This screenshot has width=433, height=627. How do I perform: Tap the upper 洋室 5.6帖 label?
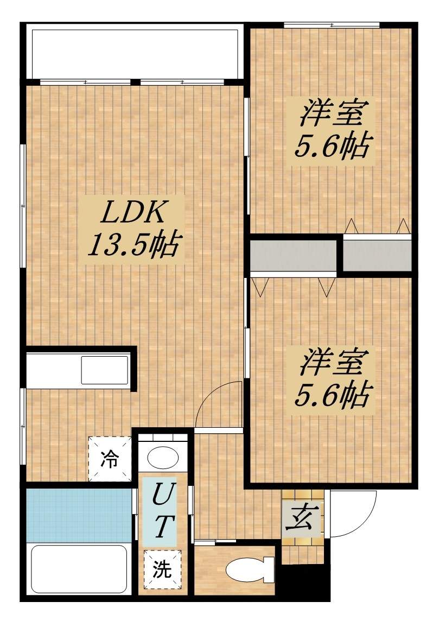[x=332, y=130]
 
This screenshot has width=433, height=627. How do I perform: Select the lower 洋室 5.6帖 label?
[x=332, y=381]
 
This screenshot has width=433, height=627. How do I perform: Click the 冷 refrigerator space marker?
[x=110, y=458]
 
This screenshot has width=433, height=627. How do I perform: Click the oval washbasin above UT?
[x=163, y=457]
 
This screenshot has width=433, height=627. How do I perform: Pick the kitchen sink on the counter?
[x=105, y=370]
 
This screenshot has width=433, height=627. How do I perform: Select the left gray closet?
[x=293, y=256]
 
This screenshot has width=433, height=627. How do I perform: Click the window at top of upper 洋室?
[x=332, y=25]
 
